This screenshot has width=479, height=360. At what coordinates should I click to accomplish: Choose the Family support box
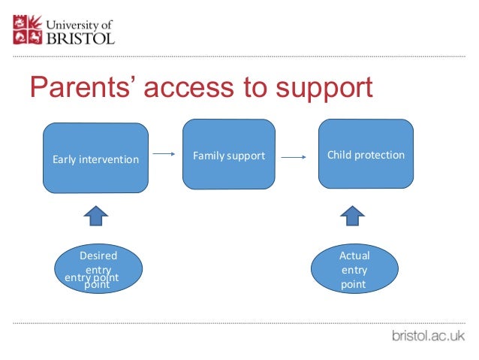tap(229, 156)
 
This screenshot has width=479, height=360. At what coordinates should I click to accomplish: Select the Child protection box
tap(366, 155)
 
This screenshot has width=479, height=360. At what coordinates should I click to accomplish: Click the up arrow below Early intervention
tap(95, 216)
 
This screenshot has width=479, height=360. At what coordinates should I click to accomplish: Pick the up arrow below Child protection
tap(351, 216)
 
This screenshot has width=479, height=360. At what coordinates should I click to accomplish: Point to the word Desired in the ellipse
tap(98, 256)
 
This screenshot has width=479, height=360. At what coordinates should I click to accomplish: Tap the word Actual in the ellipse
tap(354, 256)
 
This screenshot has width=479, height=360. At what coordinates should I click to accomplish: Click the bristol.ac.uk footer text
tap(429, 336)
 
